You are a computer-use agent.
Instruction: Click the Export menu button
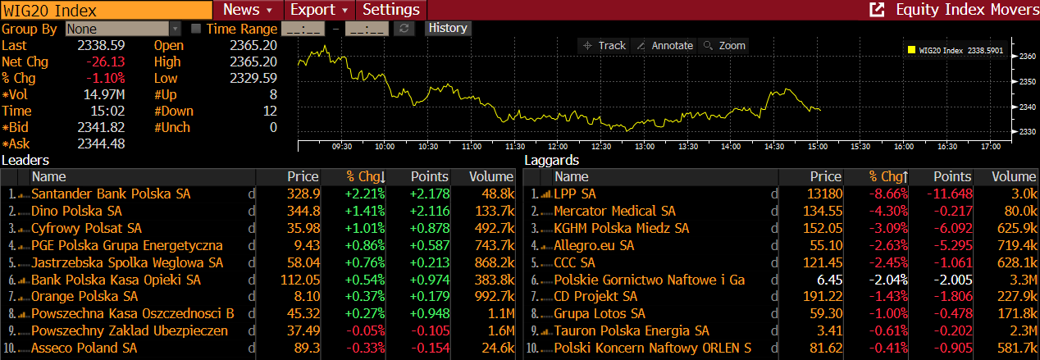point(320,10)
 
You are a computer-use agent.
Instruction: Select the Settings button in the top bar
point(391,10)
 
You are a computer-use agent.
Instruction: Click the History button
point(448,28)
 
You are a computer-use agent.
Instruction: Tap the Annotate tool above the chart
point(664,46)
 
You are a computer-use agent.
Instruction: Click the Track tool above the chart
point(604,46)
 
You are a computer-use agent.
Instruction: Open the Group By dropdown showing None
point(123,29)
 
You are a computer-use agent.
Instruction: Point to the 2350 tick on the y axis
point(1027,81)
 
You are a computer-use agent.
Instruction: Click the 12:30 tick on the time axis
point(601,146)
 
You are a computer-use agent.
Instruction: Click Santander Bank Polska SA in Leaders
point(111,194)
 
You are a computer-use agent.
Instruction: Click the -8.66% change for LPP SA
point(888,194)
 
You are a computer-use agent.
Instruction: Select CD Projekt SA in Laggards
point(595,296)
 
